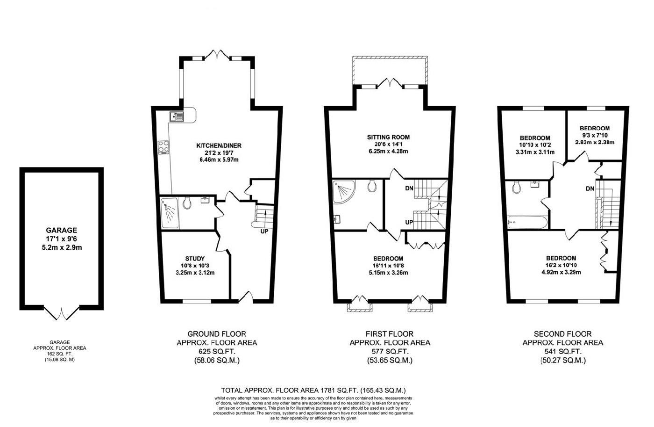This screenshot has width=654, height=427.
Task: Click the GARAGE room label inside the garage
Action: pos(61,230)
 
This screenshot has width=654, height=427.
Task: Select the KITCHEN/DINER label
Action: pos(219,145)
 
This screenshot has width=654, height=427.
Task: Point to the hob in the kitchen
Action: pos(164,147)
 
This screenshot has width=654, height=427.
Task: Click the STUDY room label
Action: pos(195,258)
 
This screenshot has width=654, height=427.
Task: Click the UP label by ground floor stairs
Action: pos(264,231)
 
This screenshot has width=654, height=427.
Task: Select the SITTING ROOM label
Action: pos(388,137)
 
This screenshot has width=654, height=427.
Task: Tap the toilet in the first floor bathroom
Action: pos(372,186)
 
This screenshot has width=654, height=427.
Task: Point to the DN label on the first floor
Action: pos(409,188)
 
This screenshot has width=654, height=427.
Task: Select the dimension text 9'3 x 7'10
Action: pos(594,136)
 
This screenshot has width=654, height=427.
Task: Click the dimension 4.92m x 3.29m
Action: pos(561,272)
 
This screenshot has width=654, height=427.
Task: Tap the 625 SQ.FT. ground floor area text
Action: pos(216,351)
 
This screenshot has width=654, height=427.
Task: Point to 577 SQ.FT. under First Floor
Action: pos(390,351)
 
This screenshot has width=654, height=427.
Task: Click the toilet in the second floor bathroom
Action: pos(517,187)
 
